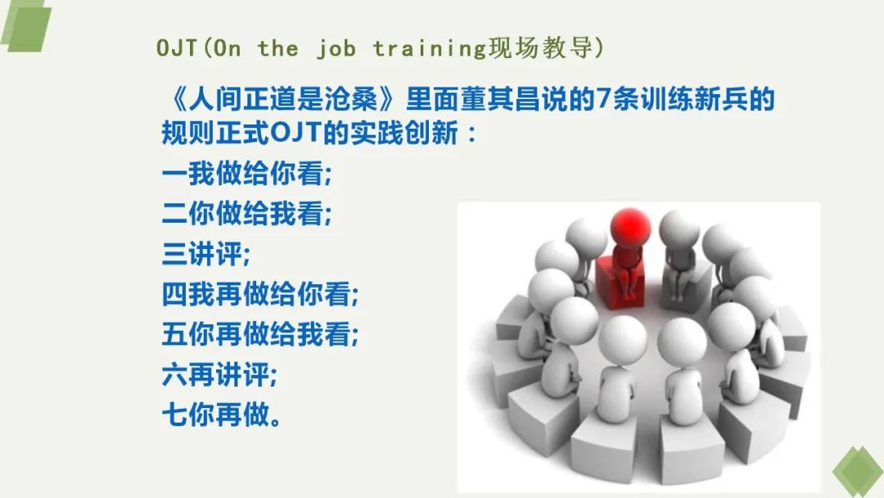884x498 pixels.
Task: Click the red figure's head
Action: click(x=631, y=227)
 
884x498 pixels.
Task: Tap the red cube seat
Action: click(x=619, y=282)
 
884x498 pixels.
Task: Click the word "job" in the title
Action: click(x=336, y=48)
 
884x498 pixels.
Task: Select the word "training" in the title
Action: click(x=429, y=49)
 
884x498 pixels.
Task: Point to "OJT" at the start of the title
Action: click(x=177, y=48)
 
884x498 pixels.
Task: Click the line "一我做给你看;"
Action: click(x=247, y=173)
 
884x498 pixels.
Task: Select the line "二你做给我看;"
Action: click(x=247, y=213)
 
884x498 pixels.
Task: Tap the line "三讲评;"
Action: click(x=205, y=254)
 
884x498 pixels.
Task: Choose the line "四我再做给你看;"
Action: click(x=260, y=294)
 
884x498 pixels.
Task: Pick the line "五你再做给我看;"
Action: click(x=260, y=334)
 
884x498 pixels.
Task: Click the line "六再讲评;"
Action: click(x=219, y=374)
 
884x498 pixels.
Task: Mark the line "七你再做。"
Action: click(x=221, y=415)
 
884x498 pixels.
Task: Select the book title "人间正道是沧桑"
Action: click(x=283, y=99)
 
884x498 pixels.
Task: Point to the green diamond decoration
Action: click(x=859, y=472)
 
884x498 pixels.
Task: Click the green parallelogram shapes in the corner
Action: click(x=25, y=25)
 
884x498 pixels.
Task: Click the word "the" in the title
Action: click(x=278, y=48)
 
